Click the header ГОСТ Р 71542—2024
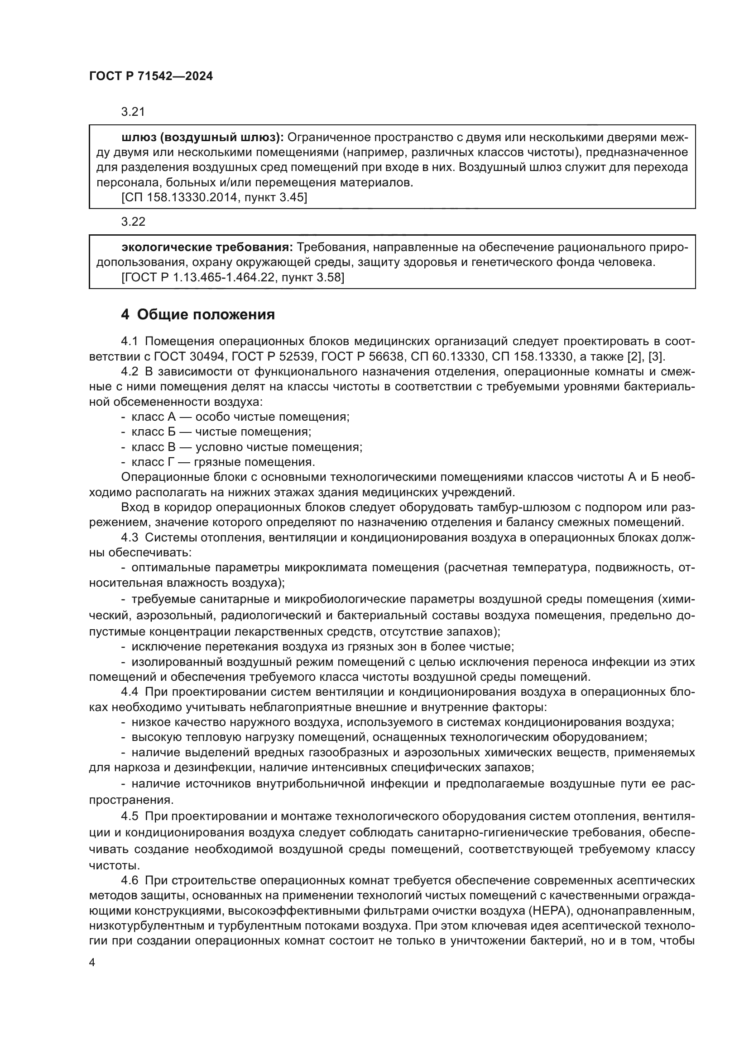click(x=151, y=76)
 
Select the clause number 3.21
click(x=133, y=112)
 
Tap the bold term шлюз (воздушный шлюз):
click(x=203, y=138)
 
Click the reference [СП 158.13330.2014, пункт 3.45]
click(x=214, y=198)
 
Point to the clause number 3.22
click(x=133, y=222)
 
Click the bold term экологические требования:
click(x=207, y=247)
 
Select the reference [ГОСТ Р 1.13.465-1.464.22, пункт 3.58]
click(x=233, y=277)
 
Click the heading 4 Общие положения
click(x=197, y=315)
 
